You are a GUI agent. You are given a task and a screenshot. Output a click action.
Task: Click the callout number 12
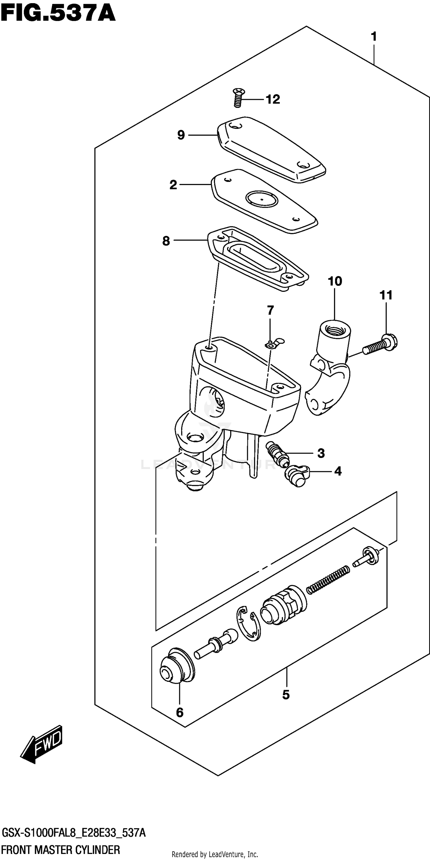[273, 100]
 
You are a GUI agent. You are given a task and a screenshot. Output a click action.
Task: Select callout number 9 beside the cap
[181, 135]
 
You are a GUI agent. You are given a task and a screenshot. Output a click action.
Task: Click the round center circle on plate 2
[261, 199]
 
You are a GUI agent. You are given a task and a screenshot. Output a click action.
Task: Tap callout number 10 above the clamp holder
[335, 281]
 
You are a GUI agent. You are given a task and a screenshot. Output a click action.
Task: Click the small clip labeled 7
[273, 343]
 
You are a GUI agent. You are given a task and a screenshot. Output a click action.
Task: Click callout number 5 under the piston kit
[286, 695]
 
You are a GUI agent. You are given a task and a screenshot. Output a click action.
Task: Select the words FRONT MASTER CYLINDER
[61, 849]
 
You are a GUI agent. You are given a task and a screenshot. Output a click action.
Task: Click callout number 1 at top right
[374, 36]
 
